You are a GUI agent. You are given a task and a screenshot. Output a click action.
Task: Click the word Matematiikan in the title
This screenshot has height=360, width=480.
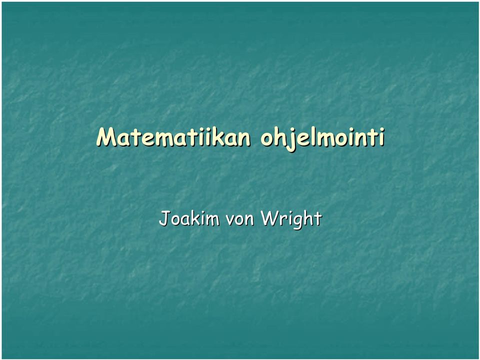(x=173, y=137)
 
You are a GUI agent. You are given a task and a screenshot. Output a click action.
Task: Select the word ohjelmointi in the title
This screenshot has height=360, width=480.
(x=322, y=138)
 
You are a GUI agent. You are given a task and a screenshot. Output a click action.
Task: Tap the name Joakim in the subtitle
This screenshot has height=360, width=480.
(x=189, y=218)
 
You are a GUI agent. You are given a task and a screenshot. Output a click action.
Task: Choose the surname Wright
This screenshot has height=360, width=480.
(x=291, y=219)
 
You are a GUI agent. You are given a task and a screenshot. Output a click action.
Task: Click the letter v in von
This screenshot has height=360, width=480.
(x=230, y=220)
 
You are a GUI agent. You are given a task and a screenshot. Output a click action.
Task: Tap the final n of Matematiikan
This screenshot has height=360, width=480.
(x=244, y=140)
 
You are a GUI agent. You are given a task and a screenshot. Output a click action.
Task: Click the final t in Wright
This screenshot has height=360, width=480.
(x=317, y=218)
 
